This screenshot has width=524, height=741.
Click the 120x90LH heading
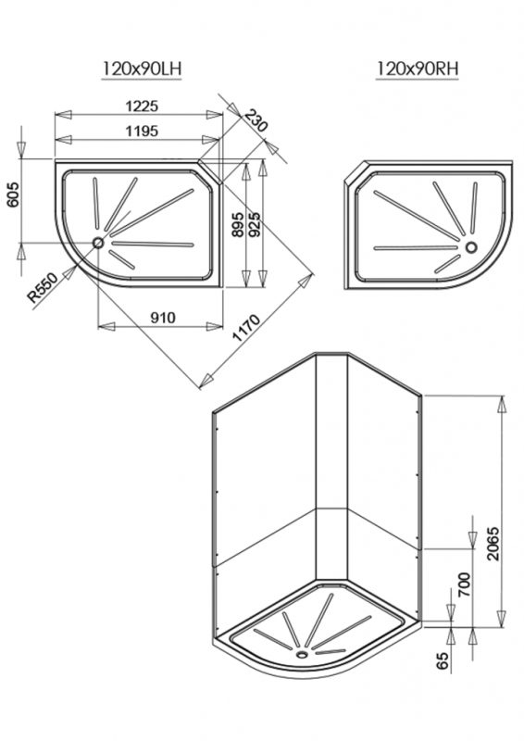(x=142, y=69)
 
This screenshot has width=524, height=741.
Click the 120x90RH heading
(x=418, y=69)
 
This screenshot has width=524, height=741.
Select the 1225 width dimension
(x=142, y=107)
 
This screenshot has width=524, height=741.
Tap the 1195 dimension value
(x=142, y=131)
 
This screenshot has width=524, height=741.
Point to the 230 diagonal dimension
(x=256, y=120)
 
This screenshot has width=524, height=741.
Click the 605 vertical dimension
(x=13, y=194)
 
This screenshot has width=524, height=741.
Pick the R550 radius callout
(x=43, y=287)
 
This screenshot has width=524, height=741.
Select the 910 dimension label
(x=163, y=318)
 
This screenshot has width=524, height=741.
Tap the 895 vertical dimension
(x=239, y=224)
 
